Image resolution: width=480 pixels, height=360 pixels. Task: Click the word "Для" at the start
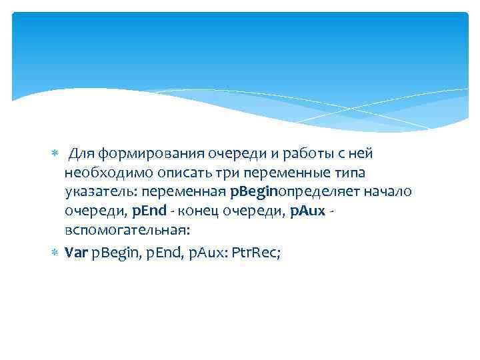[83, 154]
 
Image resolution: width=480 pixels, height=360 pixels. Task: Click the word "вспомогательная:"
[127, 231]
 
